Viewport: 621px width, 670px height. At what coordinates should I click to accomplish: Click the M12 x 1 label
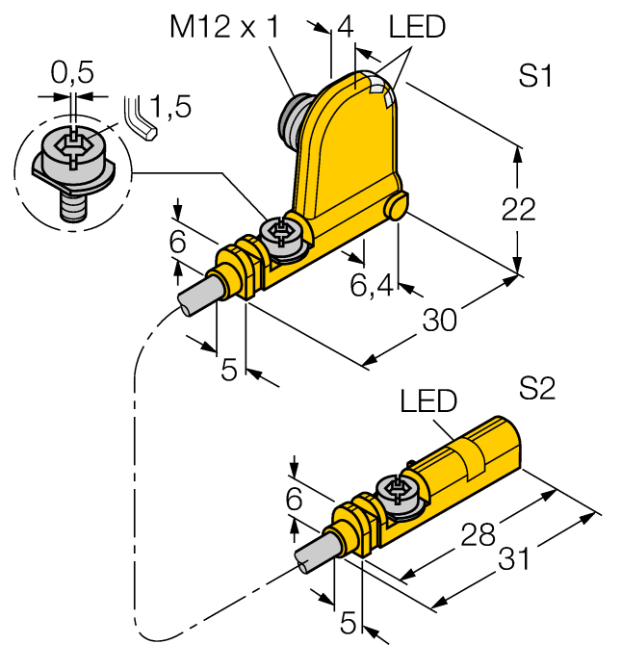point(224,27)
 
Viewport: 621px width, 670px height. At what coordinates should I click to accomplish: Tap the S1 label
point(536,77)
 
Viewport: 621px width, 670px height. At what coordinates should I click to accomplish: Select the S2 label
point(537,389)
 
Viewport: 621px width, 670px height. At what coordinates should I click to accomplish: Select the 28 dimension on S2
point(480,532)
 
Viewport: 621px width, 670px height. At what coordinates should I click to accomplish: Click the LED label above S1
point(418,27)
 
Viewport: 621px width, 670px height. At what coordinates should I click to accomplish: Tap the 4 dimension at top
point(342,27)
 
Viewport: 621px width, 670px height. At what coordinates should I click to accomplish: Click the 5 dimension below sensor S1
point(229,370)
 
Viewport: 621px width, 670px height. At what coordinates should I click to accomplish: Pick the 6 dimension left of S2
point(295,499)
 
